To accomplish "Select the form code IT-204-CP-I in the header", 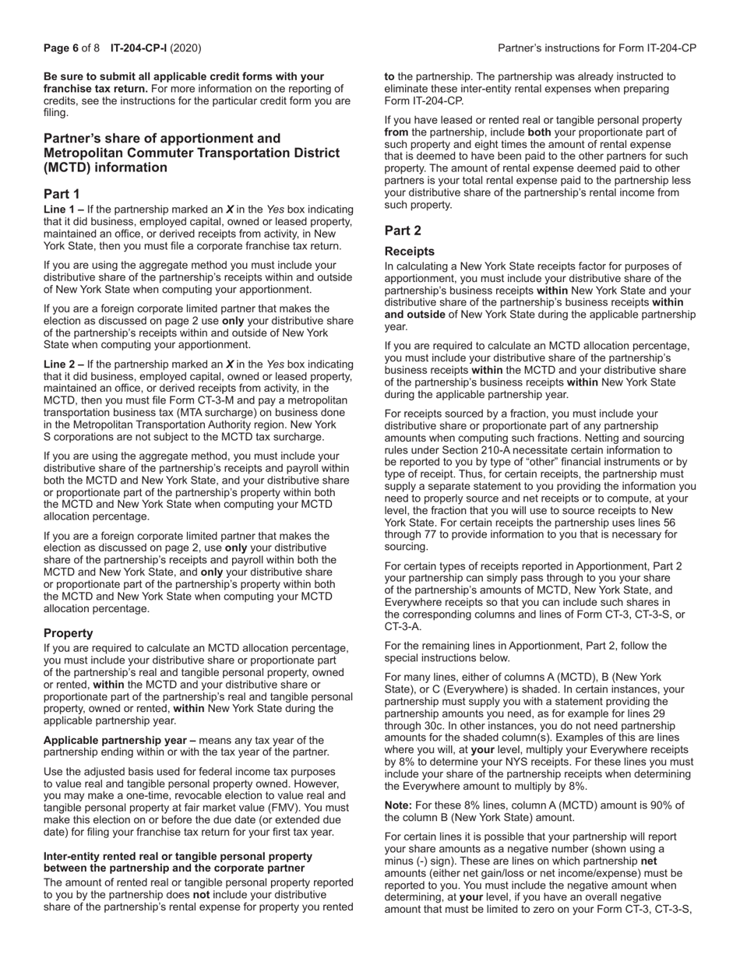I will [139, 48].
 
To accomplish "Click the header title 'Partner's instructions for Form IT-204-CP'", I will [597, 48].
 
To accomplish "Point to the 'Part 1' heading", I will [62, 194].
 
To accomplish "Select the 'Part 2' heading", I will [403, 231].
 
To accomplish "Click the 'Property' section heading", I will [69, 633].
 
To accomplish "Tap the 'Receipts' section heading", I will [410, 252].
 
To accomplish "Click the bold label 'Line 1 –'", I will [64, 210].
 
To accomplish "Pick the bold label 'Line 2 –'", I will [64, 364].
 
